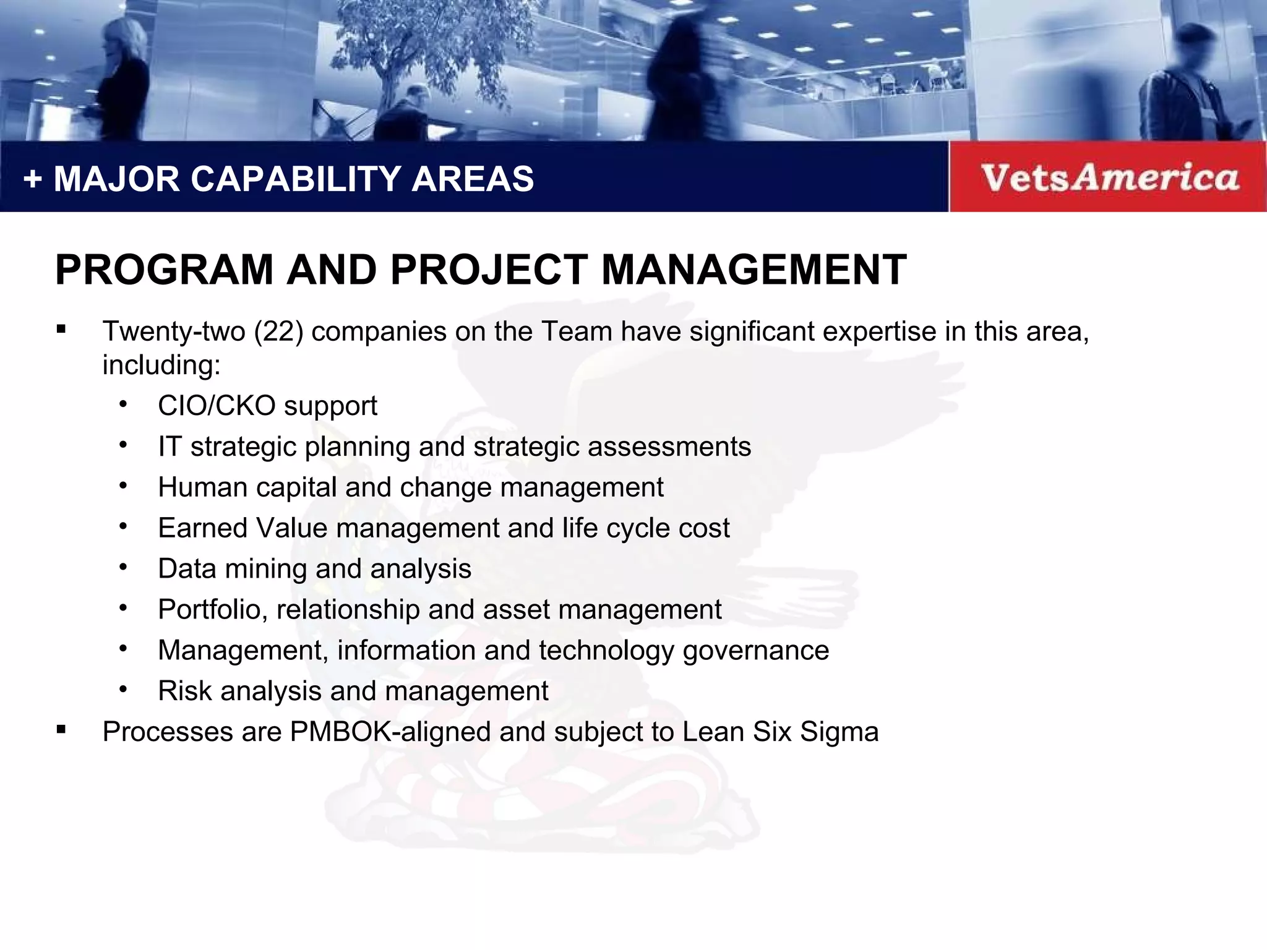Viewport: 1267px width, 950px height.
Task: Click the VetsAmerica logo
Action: pos(1109,178)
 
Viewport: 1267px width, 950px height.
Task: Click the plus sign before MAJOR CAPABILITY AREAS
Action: pos(32,179)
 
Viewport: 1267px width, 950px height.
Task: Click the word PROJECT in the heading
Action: pos(489,270)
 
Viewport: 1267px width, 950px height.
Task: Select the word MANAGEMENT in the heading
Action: pos(754,270)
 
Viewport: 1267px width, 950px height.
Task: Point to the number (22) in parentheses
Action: pos(278,332)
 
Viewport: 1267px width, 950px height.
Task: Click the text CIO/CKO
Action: pos(217,406)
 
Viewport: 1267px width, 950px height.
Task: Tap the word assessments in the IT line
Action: pos(669,447)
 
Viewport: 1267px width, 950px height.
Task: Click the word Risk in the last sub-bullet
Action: pos(184,691)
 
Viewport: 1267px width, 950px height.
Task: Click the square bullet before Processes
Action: pos(61,730)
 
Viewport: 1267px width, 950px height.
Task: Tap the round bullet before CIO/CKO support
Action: pos(123,405)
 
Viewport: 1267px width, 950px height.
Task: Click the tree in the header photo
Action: pos(421,49)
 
